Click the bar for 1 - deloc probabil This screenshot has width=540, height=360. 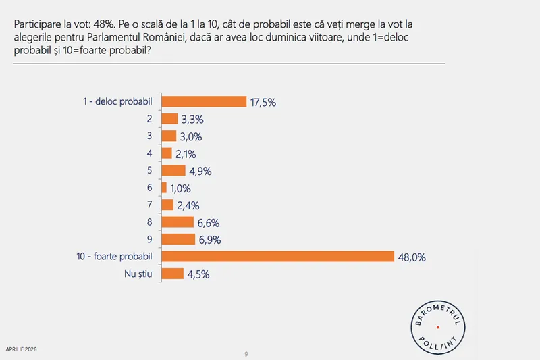click(x=205, y=101)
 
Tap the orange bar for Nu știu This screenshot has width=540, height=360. click(x=173, y=274)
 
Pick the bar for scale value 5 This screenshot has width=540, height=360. click(x=174, y=170)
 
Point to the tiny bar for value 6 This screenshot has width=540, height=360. click(x=165, y=187)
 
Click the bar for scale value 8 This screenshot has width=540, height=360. click(x=178, y=222)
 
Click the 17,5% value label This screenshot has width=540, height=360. click(x=263, y=102)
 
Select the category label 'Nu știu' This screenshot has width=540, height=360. click(x=138, y=274)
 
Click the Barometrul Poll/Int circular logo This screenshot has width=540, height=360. click(x=438, y=326)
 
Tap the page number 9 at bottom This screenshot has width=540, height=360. click(x=246, y=353)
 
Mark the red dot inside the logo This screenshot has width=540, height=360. click(x=438, y=327)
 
